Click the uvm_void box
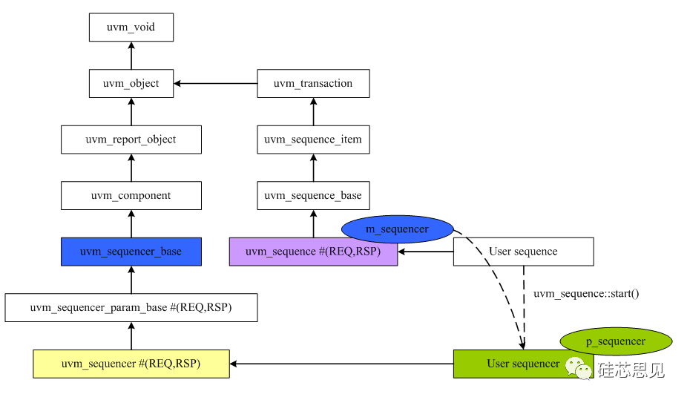click(x=131, y=28)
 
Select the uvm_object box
click(x=131, y=83)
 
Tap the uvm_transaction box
click(x=312, y=83)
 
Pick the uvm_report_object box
click(x=131, y=139)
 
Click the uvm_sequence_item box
click(x=312, y=139)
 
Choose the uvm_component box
click(x=131, y=195)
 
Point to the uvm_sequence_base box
click(x=312, y=195)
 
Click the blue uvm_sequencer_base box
click(x=131, y=252)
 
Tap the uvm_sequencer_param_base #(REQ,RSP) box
click(x=131, y=307)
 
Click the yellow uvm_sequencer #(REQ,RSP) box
click(x=131, y=364)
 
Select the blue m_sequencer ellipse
click(x=397, y=229)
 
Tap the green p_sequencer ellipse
click(x=616, y=341)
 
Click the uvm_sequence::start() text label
click(x=586, y=294)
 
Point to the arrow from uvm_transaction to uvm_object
click(x=215, y=83)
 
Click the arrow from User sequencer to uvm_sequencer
click(x=341, y=364)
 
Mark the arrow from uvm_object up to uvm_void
click(x=131, y=56)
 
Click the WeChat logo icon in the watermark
click(x=580, y=367)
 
